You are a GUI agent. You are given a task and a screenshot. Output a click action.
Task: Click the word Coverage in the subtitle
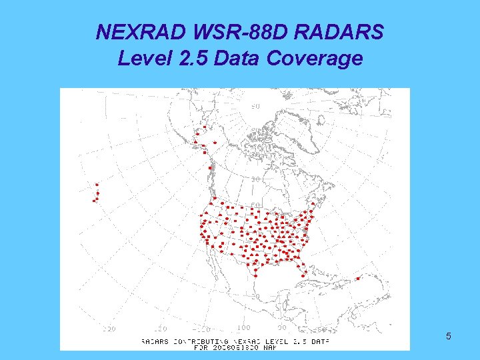[314, 59]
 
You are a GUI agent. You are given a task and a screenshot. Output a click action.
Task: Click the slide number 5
[449, 336]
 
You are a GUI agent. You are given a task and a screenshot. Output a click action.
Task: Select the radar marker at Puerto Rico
[359, 279]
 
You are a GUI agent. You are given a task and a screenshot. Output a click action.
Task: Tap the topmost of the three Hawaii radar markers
[97, 185]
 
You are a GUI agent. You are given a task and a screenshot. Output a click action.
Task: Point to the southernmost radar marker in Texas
[255, 273]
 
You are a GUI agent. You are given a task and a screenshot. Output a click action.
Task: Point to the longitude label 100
[243, 328]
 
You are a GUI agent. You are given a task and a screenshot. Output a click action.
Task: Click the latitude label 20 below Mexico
[255, 295]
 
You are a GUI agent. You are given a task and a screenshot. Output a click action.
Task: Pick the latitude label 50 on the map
[255, 205]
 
